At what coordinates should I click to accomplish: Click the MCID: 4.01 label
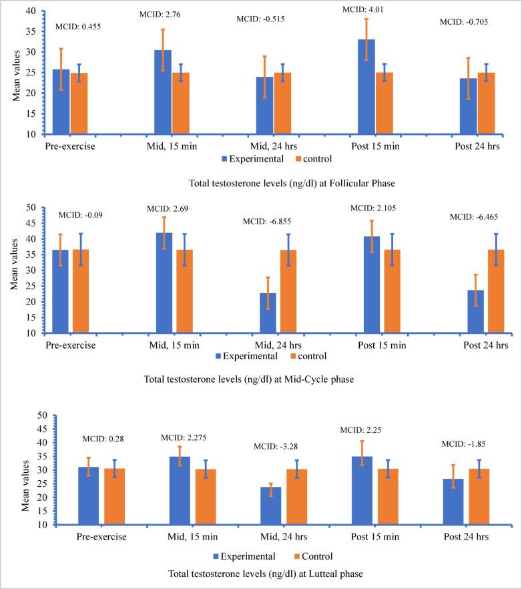coord(364,9)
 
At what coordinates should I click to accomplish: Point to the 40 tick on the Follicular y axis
coord(32,11)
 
